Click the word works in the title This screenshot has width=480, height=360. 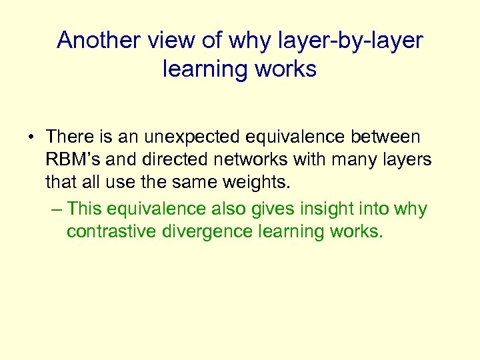(x=285, y=69)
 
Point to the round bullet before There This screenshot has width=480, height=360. (x=31, y=137)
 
